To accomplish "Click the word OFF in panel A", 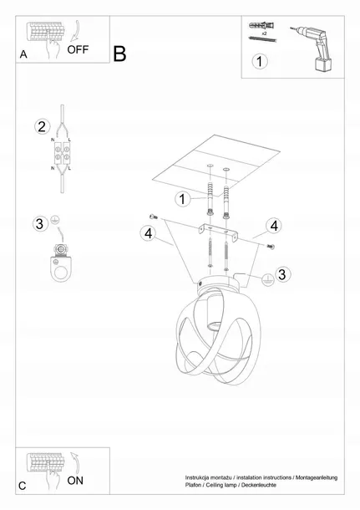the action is (x=78, y=50).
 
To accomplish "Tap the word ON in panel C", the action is (x=75, y=481).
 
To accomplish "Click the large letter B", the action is (x=119, y=54).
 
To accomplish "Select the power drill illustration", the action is (x=312, y=48).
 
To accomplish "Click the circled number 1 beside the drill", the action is (x=259, y=62).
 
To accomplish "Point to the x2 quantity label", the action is (x=264, y=33).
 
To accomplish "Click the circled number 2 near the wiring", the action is (x=43, y=126).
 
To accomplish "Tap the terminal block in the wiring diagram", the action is (x=62, y=154).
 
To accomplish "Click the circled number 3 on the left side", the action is (x=39, y=224).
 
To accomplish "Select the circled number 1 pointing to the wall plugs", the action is (x=182, y=199).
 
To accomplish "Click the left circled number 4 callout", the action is (x=148, y=233).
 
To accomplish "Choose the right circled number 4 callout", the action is (x=274, y=226).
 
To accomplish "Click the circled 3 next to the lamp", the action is (x=282, y=274).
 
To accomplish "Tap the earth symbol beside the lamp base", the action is (x=267, y=279).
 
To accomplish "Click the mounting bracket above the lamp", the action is (x=218, y=232).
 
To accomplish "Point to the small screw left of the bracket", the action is (x=153, y=217).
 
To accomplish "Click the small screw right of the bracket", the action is (x=271, y=246).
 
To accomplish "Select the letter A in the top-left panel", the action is (x=23, y=54).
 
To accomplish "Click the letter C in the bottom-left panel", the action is (x=22, y=486).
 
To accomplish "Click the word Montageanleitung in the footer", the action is (x=317, y=477).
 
